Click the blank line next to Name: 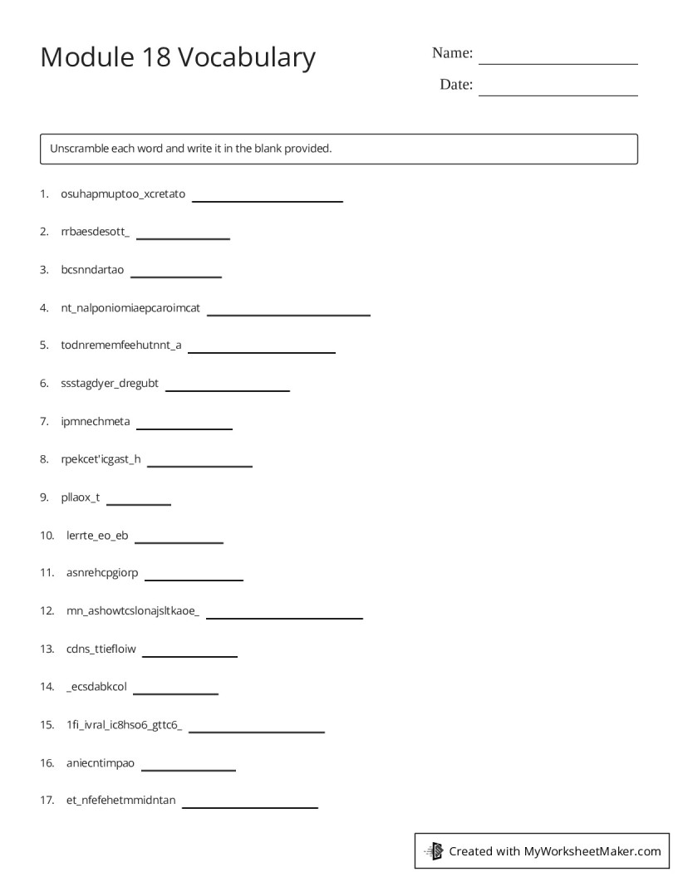558,62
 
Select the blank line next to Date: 558,94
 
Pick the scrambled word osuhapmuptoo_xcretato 123,194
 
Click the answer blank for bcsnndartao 176,275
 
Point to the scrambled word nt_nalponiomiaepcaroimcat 130,308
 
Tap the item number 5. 44,345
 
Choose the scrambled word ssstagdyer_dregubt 110,384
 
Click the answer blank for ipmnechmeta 184,428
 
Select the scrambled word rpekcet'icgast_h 101,459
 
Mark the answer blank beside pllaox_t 139,503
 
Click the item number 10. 47,536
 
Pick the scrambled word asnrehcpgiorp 102,573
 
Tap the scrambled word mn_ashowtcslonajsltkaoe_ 133,611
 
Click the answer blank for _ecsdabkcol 175,693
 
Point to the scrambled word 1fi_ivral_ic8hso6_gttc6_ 124,725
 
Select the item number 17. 47,801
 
